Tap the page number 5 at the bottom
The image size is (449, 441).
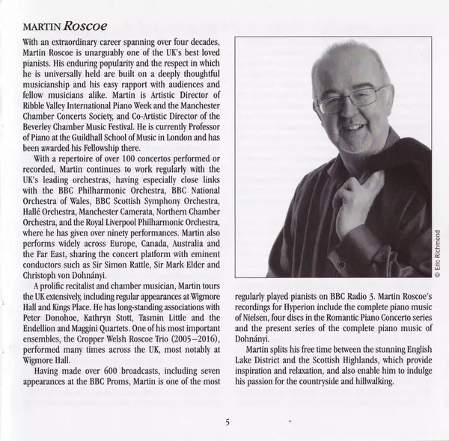[x=227, y=422]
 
